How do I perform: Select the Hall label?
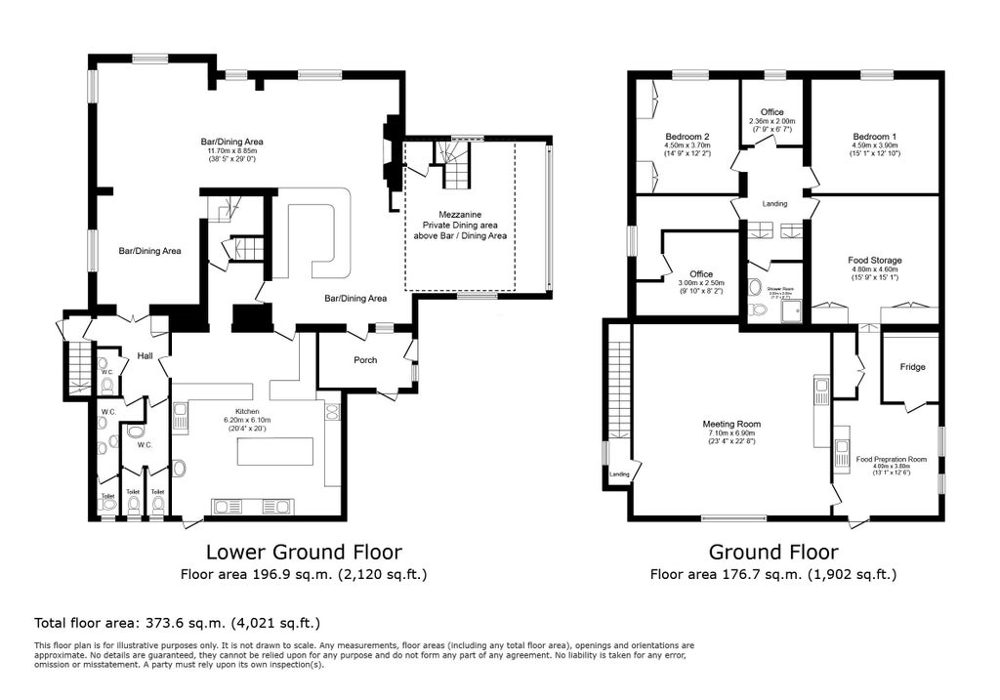pos(145,355)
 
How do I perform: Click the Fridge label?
pos(912,367)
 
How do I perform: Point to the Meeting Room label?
pos(731,424)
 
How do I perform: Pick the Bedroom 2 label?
pos(687,136)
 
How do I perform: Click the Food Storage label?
pos(874,261)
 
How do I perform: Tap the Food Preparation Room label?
pos(891,459)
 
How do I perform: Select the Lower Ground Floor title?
pos(303,552)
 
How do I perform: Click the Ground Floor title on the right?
pos(773,552)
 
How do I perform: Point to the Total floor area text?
pos(177,622)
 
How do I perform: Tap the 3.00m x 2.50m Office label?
pos(700,274)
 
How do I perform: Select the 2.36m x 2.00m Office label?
pos(771,112)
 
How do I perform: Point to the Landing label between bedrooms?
pos(774,203)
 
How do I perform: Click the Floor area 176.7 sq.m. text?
pos(773,574)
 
